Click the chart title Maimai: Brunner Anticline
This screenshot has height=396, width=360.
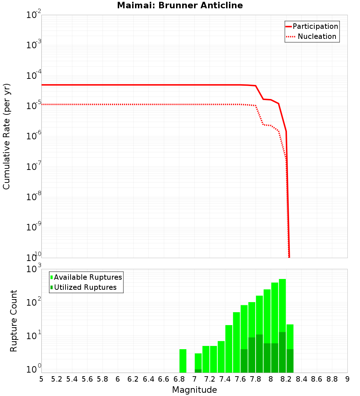pos(180,5)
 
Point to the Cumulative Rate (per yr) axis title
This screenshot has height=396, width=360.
pos(6,136)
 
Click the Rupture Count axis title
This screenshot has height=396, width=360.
pos(14,320)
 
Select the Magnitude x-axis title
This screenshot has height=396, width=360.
pos(194,390)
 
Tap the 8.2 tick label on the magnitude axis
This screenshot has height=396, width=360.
pos(286,379)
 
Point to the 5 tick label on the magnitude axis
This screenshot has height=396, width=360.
pos(41,379)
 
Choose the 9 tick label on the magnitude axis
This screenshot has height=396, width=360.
pos(347,379)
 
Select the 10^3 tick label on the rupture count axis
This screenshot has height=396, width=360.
pos(34,269)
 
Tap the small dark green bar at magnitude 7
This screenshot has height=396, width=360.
pos(198,371)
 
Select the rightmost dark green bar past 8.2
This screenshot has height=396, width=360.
pos(290,361)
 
